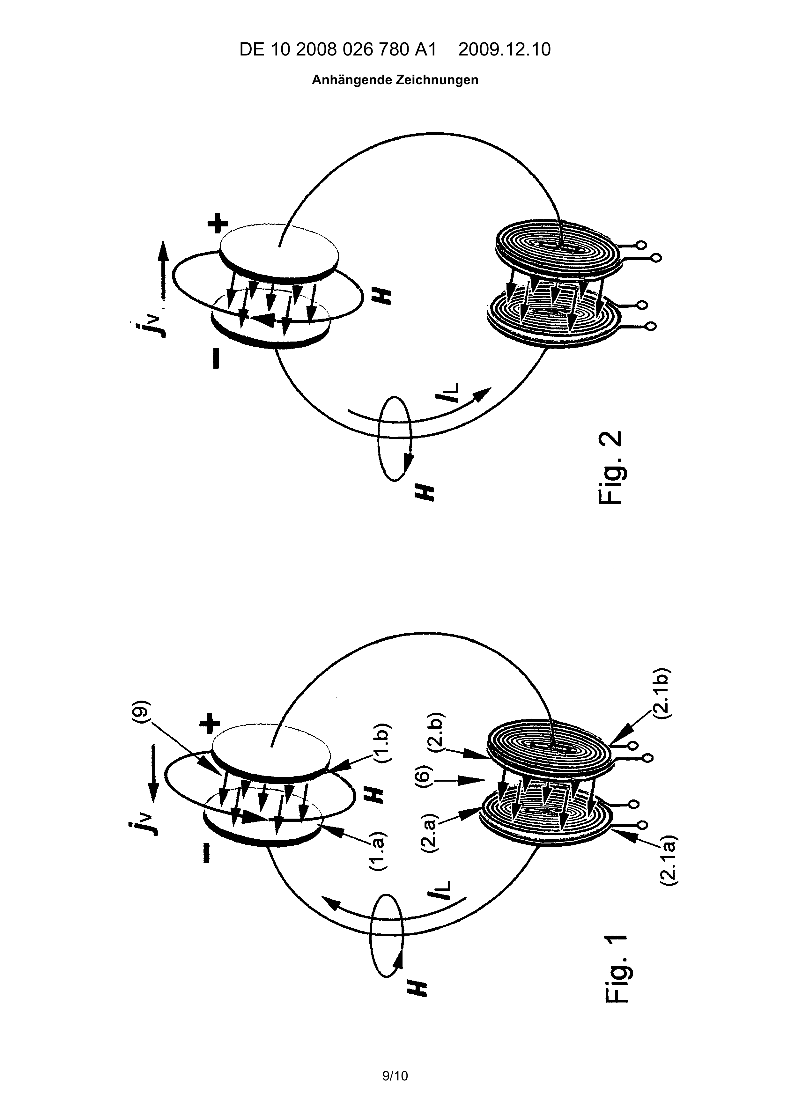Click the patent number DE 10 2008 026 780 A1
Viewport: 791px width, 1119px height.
pos(338,50)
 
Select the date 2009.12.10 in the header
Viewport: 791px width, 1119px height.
pos(505,50)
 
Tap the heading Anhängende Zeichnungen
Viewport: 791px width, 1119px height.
pos(395,80)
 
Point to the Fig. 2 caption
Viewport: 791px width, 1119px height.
pos(609,468)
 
